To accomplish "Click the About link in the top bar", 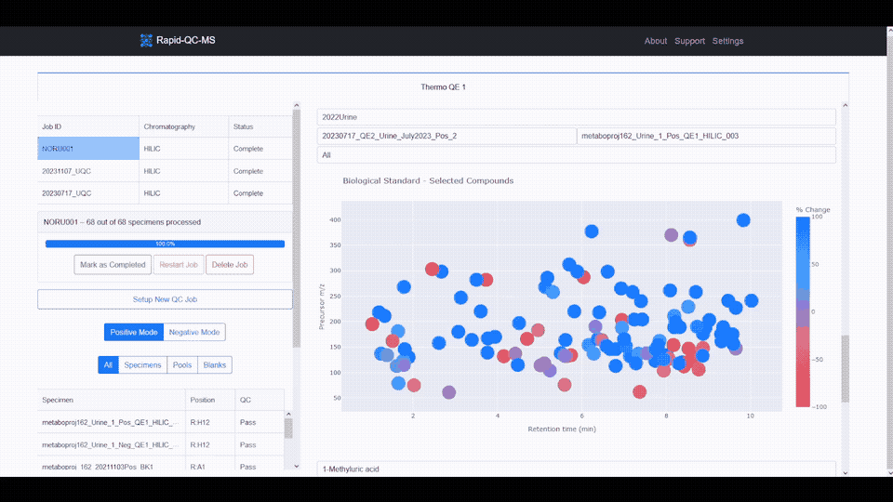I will (x=656, y=41).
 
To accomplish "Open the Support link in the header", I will (x=689, y=41).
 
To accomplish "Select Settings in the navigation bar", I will (x=727, y=41).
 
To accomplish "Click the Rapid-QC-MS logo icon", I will (x=146, y=40).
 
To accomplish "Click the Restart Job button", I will (x=179, y=265).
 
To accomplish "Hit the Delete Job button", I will (x=229, y=265).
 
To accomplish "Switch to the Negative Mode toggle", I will (x=194, y=332).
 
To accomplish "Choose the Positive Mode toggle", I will (x=134, y=332).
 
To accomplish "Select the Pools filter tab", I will (x=182, y=365).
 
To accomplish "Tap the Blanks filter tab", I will (x=214, y=365).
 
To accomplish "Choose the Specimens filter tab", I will (x=142, y=365).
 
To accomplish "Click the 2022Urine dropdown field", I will (x=576, y=117).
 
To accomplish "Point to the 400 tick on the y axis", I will (x=335, y=220).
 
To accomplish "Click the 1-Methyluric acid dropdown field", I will (x=576, y=469).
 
